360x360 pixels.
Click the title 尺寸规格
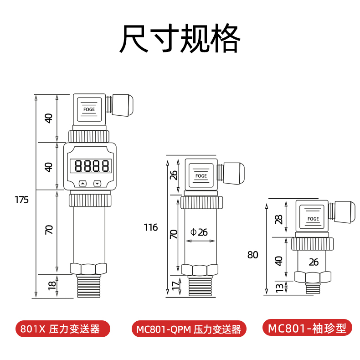pos(180,39)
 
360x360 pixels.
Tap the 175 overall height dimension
pos(21,200)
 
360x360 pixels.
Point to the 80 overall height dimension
pos(252,255)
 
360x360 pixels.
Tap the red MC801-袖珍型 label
pos(307,328)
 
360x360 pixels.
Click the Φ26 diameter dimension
pos(199,232)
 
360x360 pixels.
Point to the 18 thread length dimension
pos(51,286)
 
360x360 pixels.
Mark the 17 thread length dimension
pos(174,287)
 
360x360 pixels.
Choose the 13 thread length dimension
pos(279,288)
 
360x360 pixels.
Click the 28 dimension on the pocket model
pos(279,219)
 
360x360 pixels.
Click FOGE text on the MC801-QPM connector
pos(201,175)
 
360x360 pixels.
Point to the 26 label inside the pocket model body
pos(313,262)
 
